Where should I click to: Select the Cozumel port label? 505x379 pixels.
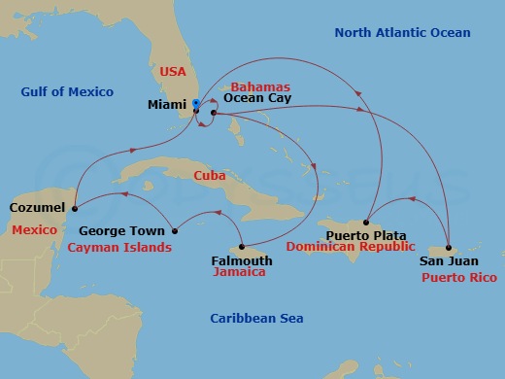37,207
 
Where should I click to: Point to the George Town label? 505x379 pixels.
117,231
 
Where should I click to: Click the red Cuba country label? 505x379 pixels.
210,177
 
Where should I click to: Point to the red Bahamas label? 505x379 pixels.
260,86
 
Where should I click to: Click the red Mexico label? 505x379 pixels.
34,229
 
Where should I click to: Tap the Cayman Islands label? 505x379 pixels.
119,247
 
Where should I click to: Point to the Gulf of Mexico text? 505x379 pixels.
67,92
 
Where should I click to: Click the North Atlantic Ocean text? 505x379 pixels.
402,33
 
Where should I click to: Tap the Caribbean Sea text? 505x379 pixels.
256,319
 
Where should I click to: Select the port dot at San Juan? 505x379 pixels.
448,246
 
